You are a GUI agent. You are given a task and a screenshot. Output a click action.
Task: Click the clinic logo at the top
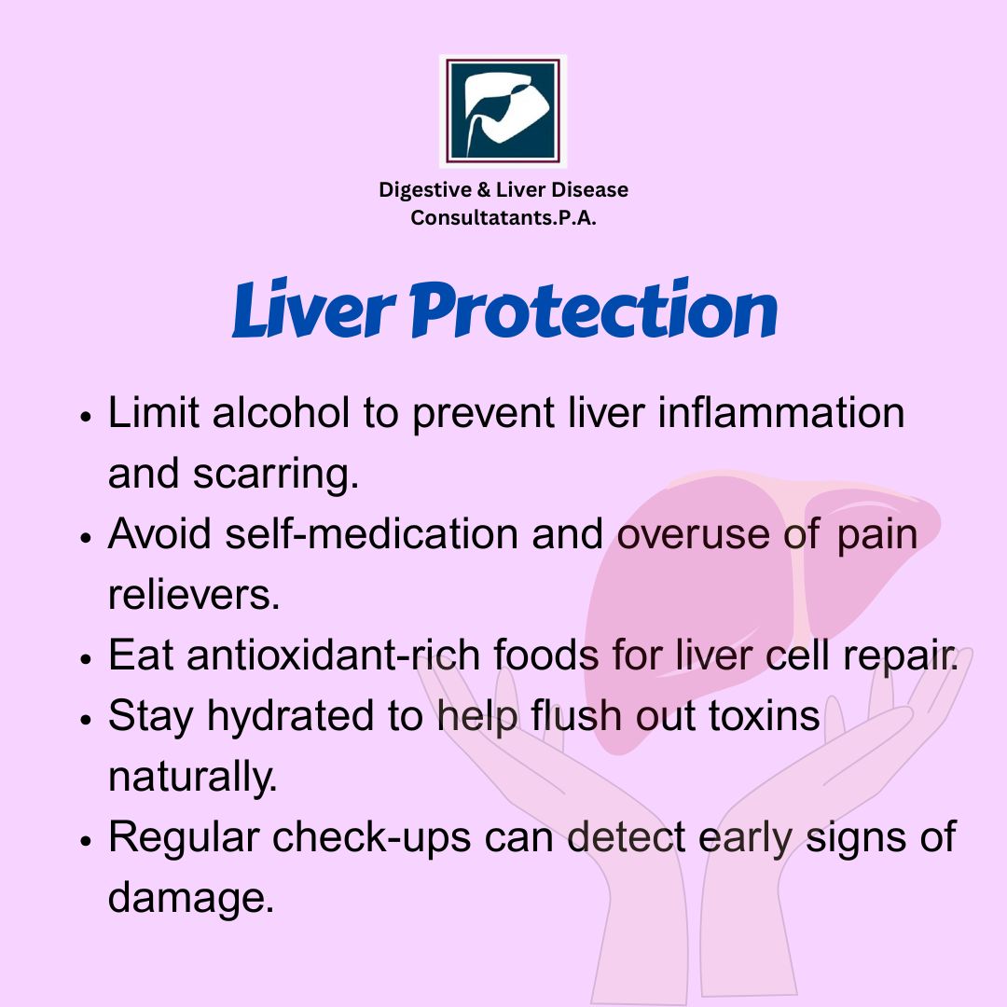point(503,111)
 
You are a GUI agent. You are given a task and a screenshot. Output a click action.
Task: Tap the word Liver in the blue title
point(314,310)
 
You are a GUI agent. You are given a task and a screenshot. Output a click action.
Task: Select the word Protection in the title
point(593,309)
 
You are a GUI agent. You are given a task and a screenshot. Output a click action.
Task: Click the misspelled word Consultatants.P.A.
point(504,217)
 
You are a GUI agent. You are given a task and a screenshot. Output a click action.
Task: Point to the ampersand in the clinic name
point(483,190)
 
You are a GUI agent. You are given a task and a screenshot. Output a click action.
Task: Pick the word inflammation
point(781,412)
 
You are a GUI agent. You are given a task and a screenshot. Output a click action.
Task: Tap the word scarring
point(275,475)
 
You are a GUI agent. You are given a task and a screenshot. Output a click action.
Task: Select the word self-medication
point(372,533)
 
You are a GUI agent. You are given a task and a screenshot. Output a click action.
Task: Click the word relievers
point(194,595)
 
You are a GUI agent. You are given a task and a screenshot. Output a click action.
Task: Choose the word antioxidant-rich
point(333,655)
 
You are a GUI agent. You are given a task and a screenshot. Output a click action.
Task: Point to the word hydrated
point(291,716)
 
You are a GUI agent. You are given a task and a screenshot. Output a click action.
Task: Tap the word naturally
point(193,777)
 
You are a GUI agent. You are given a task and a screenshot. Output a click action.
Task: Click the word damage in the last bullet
point(191,899)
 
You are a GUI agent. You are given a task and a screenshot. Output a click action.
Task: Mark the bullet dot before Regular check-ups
point(87,841)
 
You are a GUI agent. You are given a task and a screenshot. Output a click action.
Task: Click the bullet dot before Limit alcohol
point(87,416)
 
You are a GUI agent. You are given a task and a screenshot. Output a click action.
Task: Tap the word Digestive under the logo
point(425,191)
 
